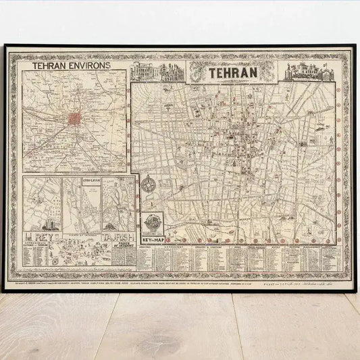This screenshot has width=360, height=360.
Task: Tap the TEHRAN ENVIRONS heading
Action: (x=73, y=68)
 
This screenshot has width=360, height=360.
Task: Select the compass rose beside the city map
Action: (x=152, y=188)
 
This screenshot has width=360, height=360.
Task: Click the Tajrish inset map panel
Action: (x=119, y=203)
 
